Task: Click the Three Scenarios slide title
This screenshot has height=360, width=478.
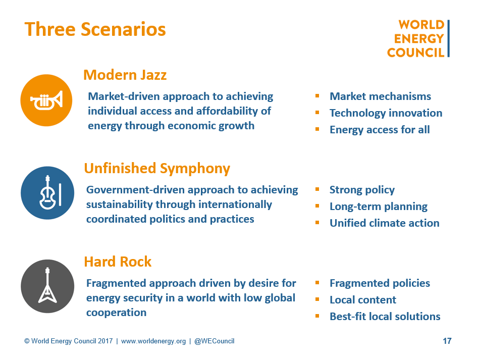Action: tap(95, 29)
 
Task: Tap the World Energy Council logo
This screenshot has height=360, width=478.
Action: tap(418, 38)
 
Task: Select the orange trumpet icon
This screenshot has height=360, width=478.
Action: tap(46, 100)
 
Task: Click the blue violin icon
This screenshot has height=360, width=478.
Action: tap(47, 193)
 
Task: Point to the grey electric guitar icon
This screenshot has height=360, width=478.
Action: tap(47, 286)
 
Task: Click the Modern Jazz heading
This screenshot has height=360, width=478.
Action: tap(125, 75)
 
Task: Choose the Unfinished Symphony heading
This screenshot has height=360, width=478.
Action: tap(157, 169)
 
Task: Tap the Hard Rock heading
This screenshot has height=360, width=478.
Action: tap(118, 262)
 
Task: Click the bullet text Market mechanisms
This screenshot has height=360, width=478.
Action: tap(380, 96)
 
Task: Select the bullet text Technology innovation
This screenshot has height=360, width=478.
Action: tap(386, 113)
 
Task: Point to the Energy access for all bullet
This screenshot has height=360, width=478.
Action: tap(380, 130)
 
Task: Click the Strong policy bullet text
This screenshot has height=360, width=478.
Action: tap(362, 190)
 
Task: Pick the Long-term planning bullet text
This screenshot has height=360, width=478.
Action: tap(379, 207)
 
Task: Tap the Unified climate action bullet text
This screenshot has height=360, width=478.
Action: tap(385, 223)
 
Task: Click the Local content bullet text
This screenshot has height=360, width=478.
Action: tap(363, 300)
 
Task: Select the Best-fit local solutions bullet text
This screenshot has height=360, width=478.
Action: tap(385, 317)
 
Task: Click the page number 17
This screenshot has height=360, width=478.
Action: tap(447, 341)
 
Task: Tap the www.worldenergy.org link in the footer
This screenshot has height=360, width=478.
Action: tap(153, 341)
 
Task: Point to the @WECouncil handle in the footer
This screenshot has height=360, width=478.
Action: tap(215, 341)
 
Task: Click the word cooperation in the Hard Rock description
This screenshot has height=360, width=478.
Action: tap(117, 313)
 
